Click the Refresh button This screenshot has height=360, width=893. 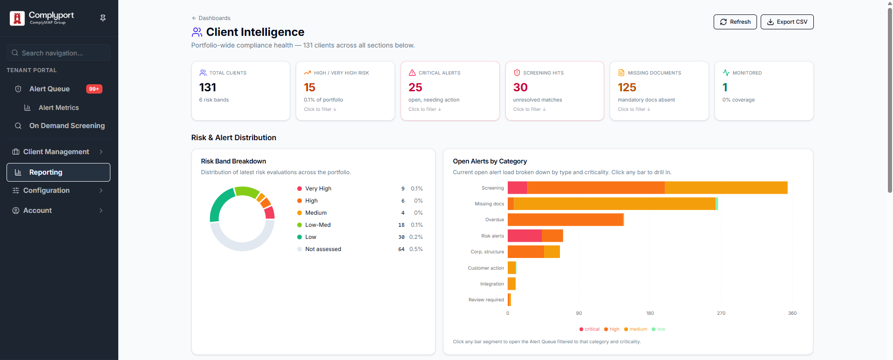coord(735,22)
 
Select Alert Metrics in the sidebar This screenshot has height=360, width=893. coord(58,108)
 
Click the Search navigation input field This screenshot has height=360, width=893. coord(58,53)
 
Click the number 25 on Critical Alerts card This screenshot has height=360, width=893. coord(415,87)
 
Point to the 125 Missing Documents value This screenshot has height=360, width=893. coord(627,87)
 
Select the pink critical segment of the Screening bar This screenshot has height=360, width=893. coord(518,188)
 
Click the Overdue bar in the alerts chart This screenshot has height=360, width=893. coord(566,220)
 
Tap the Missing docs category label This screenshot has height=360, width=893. coord(489,204)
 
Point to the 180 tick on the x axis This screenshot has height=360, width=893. coord(650,313)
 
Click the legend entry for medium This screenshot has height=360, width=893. coord(635,329)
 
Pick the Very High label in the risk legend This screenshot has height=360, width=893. coord(318,189)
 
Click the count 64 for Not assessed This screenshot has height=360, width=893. coord(401,249)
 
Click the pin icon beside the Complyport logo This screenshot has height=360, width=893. coord(103,18)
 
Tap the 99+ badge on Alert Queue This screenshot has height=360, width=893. coord(94,89)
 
